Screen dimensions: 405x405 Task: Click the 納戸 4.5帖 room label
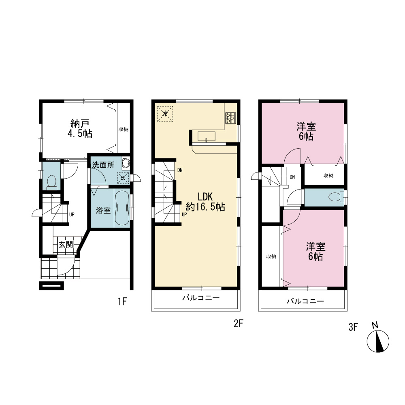[80, 129]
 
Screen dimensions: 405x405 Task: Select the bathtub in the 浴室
[122, 208]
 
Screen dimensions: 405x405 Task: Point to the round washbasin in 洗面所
[126, 163]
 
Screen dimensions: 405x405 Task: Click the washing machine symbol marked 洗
[123, 178]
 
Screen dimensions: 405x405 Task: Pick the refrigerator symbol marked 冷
[165, 113]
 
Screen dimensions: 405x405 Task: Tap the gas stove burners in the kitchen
[230, 118]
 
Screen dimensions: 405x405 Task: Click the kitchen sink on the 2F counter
[207, 136]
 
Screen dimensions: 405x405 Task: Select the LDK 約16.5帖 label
[205, 202]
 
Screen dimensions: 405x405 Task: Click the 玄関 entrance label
[66, 244]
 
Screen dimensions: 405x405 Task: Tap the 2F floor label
[239, 324]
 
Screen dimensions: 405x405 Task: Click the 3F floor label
[353, 327]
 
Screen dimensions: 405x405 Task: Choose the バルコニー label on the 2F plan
[201, 298]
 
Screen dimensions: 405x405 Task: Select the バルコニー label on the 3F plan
[305, 301]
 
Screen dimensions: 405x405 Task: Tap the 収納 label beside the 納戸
[124, 129]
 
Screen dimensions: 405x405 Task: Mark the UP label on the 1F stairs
[72, 214]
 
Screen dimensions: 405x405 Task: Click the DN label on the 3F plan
[292, 177]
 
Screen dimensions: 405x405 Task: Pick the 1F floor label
[122, 301]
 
